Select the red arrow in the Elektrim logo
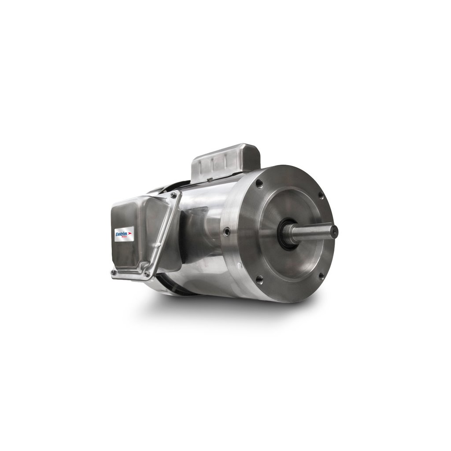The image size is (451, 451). point(130,232)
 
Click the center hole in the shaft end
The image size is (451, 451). point(334,229)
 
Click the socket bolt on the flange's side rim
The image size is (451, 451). point(226,230)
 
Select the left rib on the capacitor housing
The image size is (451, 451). point(200,167)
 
